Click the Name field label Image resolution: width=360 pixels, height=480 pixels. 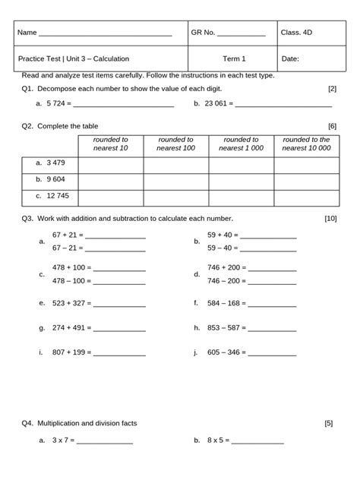[x=27, y=33]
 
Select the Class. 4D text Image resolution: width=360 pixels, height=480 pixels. [x=296, y=33]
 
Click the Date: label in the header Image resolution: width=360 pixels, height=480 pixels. [x=290, y=58]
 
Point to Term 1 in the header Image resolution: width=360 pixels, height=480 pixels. [x=234, y=58]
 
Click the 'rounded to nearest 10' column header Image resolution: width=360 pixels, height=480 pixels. [x=110, y=144]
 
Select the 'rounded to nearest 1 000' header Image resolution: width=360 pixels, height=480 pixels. [x=242, y=144]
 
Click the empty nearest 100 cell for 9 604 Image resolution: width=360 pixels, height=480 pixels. [x=175, y=178]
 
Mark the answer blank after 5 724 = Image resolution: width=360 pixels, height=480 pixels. [x=123, y=104]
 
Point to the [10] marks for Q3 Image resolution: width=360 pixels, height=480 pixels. [x=330, y=219]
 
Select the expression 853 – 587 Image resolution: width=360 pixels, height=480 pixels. [x=225, y=328]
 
